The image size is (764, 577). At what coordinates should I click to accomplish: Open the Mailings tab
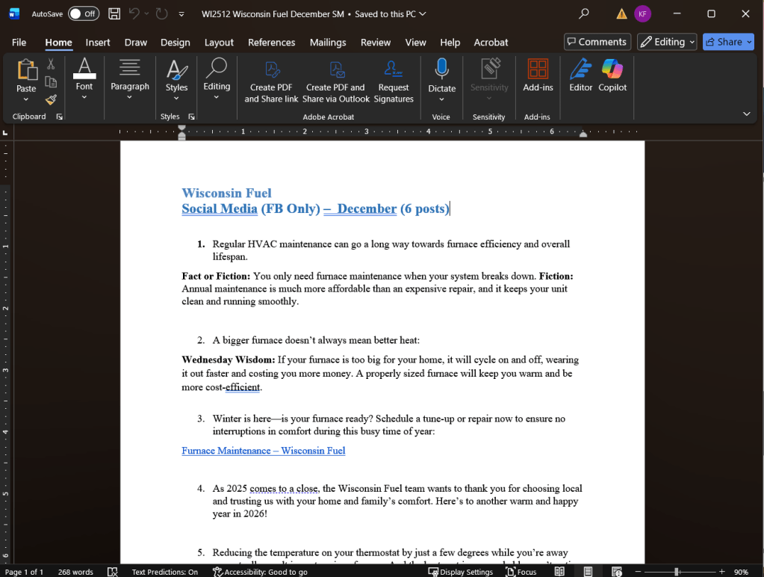328,43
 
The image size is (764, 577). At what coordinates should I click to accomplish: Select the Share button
728,42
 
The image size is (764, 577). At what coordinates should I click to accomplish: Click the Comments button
597,42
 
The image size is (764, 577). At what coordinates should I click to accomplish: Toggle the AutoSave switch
83,13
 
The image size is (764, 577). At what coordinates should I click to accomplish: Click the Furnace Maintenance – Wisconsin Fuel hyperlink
263,451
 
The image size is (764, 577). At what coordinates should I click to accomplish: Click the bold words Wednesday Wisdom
228,360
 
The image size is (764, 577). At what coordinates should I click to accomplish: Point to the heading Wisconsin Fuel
226,193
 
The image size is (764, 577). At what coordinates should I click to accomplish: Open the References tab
271,43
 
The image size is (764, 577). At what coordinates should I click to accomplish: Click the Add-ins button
538,75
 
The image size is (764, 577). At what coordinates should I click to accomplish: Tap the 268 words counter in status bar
75,572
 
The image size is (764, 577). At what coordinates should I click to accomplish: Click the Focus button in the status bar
521,572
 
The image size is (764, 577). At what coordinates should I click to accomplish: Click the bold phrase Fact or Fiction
216,276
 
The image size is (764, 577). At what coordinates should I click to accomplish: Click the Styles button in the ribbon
176,76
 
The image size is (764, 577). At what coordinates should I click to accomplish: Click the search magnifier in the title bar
584,13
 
